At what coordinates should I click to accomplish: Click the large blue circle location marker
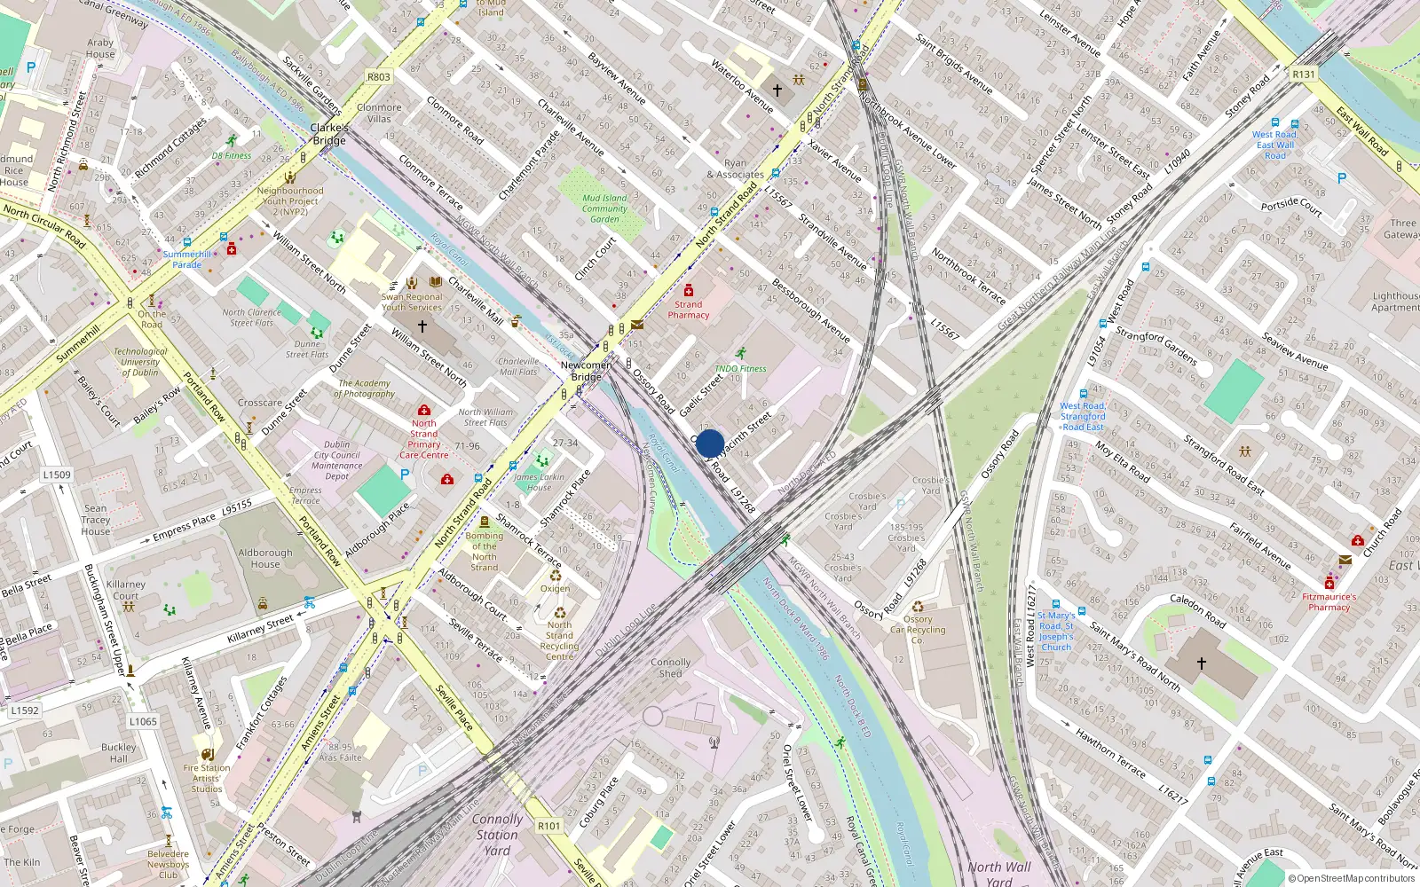710,443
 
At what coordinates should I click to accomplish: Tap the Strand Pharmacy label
689,310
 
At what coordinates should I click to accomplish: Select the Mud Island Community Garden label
604,208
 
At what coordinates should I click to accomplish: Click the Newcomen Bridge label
586,371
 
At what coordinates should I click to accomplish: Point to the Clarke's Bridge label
328,134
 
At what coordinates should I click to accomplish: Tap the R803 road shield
379,77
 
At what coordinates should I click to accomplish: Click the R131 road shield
1304,75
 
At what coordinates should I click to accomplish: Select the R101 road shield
549,826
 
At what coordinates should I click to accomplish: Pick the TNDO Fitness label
740,368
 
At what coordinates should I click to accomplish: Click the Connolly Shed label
670,668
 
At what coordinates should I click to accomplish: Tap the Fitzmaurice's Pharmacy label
1329,602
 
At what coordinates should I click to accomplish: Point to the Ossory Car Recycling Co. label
918,630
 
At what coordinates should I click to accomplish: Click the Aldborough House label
264,558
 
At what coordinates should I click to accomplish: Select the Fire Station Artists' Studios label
207,778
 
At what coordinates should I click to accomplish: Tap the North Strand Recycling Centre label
559,640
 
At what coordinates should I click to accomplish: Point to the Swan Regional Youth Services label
412,302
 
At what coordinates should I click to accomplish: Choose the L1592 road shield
25,710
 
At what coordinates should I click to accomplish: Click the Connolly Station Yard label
497,835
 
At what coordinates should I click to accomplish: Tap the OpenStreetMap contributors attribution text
1352,878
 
